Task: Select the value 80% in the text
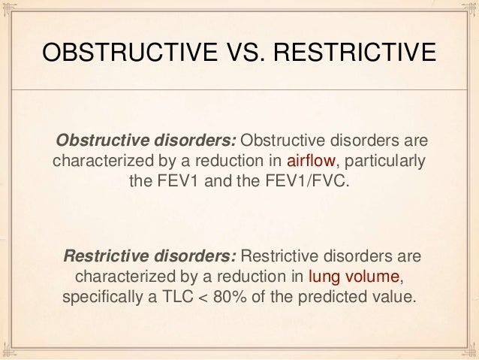(241, 295)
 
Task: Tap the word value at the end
(392, 295)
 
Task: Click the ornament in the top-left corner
(11, 11)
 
